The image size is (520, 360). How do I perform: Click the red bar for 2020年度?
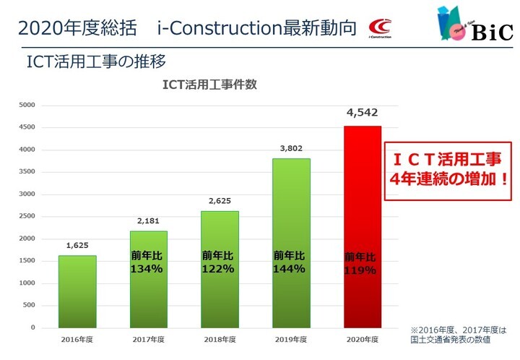(x=363, y=227)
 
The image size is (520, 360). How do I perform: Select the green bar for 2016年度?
(x=77, y=291)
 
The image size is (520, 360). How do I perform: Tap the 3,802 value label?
(x=291, y=148)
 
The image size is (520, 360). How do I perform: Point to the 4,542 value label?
(x=362, y=113)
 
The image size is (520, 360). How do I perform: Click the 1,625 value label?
(x=77, y=246)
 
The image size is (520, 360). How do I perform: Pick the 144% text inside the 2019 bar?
(x=289, y=269)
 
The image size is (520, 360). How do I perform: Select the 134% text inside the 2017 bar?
(x=146, y=269)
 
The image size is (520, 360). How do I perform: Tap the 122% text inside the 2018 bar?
(x=218, y=269)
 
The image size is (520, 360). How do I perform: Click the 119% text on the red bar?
(x=360, y=270)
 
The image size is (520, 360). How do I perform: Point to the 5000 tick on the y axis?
(x=27, y=105)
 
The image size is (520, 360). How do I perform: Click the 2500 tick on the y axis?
(x=27, y=216)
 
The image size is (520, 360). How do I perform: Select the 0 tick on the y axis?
(x=32, y=327)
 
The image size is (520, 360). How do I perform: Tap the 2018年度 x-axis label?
(x=220, y=340)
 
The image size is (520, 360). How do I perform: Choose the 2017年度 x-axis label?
(x=149, y=340)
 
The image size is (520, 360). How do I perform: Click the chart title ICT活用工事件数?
(x=209, y=85)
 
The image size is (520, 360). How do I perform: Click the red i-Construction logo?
(x=380, y=28)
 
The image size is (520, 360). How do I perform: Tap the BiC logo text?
(x=492, y=33)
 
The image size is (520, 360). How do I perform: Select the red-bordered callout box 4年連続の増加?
(x=448, y=171)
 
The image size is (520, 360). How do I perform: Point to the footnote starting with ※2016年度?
(x=459, y=335)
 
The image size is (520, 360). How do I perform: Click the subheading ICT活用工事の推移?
(x=96, y=61)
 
